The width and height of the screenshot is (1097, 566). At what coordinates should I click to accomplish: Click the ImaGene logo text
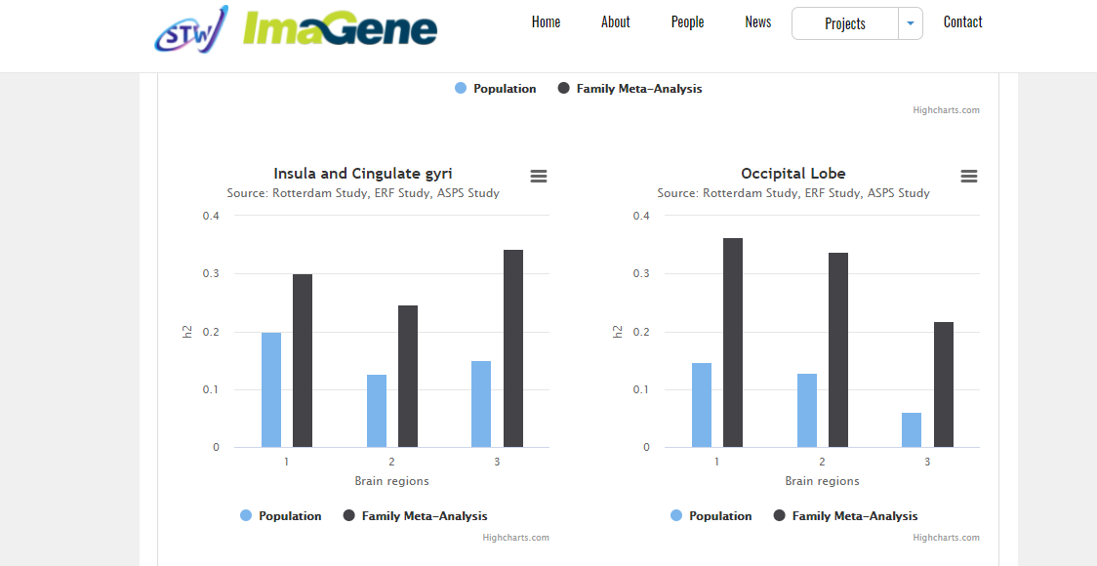click(x=339, y=28)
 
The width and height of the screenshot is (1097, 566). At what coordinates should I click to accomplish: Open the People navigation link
click(x=687, y=22)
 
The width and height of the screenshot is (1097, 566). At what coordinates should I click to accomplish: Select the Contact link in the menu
click(x=962, y=22)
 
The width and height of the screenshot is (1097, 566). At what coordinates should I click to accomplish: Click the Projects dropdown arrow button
click(x=911, y=23)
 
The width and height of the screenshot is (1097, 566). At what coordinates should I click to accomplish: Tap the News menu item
click(x=757, y=22)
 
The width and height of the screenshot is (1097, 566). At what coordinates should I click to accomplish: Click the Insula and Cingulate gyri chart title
click(x=363, y=174)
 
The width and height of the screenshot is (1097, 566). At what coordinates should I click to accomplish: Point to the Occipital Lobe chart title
click(x=793, y=174)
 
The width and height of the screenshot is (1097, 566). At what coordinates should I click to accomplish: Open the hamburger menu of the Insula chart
click(x=539, y=176)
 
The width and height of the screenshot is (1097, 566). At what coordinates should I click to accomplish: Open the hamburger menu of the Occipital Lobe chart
click(x=969, y=176)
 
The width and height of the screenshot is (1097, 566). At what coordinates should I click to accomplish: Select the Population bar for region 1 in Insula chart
click(x=271, y=390)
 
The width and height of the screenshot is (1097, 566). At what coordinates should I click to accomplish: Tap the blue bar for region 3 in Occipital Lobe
click(x=912, y=430)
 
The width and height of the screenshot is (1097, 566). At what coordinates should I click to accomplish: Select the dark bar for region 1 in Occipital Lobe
click(x=733, y=343)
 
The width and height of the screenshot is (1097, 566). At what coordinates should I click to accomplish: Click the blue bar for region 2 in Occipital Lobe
click(x=807, y=411)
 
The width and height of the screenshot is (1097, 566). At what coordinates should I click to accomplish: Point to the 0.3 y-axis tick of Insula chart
click(x=211, y=273)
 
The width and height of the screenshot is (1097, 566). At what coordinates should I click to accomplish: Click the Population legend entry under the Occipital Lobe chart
click(x=711, y=516)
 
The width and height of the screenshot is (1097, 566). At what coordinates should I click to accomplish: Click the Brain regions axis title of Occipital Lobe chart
click(x=822, y=481)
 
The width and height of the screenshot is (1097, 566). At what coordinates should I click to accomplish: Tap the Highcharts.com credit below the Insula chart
click(x=515, y=538)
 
